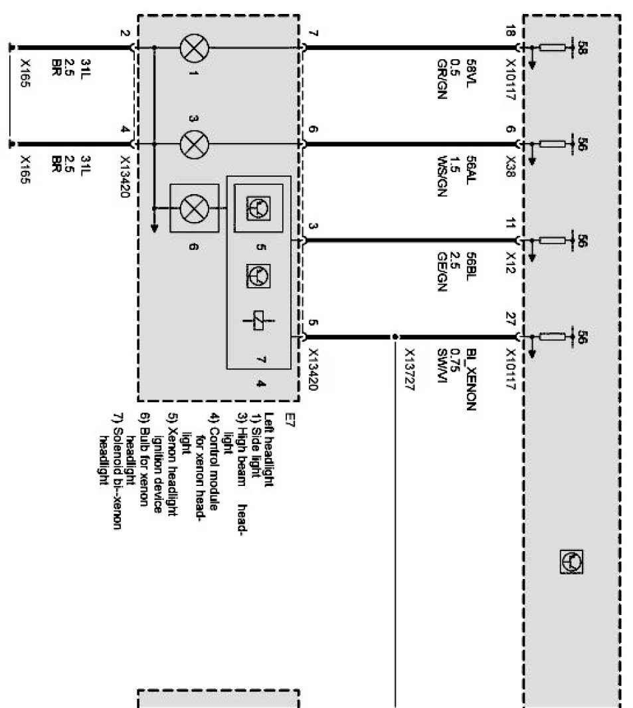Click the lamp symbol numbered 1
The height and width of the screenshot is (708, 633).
pos(195,48)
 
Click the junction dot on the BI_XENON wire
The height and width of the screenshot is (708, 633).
pos(395,336)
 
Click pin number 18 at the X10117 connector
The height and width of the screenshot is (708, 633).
pos(510,31)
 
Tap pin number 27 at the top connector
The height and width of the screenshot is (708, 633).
pos(510,317)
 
